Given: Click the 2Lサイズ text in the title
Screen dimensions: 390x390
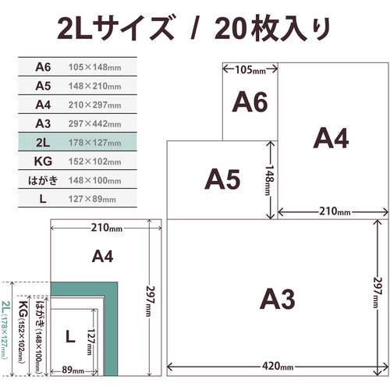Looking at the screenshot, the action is pyautogui.click(x=115, y=27).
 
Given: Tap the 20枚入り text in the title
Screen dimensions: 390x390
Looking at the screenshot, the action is pyautogui.click(x=272, y=28).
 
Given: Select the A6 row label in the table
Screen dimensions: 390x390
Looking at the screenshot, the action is pyautogui.click(x=43, y=67).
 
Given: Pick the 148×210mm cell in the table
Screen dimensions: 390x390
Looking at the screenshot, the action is pyautogui.click(x=94, y=86).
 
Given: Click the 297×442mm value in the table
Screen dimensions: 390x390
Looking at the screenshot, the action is pyautogui.click(x=94, y=124).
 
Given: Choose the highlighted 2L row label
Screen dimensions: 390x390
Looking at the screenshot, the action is pyautogui.click(x=43, y=143).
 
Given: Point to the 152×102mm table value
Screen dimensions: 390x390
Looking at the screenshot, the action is pyautogui.click(x=94, y=161).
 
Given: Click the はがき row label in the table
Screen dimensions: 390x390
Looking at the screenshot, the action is pyautogui.click(x=43, y=180).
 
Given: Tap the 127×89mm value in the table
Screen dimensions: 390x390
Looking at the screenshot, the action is pyautogui.click(x=92, y=199).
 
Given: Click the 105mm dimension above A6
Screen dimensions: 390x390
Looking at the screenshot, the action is pyautogui.click(x=250, y=70).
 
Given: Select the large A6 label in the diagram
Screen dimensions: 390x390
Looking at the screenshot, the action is pyautogui.click(x=250, y=101).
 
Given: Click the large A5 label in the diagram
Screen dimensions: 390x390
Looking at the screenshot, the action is pyautogui.click(x=222, y=179).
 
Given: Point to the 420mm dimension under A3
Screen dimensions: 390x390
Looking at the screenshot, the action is pyautogui.click(x=278, y=367).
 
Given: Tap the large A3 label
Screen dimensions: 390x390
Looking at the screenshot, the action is pyautogui.click(x=278, y=299).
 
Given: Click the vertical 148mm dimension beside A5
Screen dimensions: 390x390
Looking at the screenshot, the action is pyautogui.click(x=269, y=180).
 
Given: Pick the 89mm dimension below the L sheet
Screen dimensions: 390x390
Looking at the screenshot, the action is pyautogui.click(x=73, y=370).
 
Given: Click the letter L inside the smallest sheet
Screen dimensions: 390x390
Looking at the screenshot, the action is pyautogui.click(x=70, y=336).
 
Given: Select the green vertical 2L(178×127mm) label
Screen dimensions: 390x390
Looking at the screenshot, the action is pyautogui.click(x=5, y=330).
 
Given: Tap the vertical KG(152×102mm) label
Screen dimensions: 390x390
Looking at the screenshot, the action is pyautogui.click(x=23, y=331).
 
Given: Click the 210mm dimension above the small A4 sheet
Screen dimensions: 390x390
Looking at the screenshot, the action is pyautogui.click(x=106, y=228).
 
